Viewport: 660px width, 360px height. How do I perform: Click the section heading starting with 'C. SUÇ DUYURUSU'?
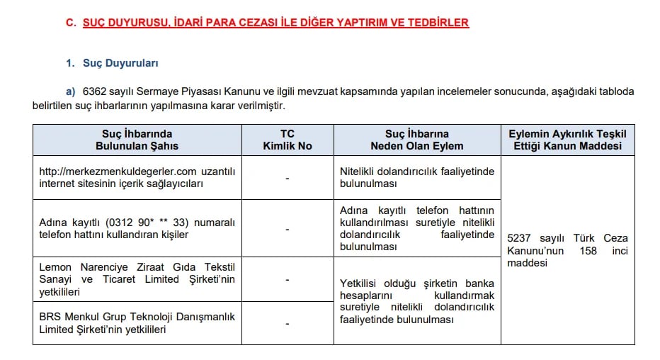pyautogui.click(x=267, y=23)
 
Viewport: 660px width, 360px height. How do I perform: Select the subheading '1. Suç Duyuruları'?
pyautogui.click(x=112, y=63)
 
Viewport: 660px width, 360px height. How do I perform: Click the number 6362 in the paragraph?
pyautogui.click(x=94, y=91)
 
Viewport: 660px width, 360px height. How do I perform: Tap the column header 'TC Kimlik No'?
pyautogui.click(x=287, y=140)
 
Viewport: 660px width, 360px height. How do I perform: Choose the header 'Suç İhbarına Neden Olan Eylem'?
pyautogui.click(x=416, y=140)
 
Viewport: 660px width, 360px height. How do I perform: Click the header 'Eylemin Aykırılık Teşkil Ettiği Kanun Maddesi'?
pyautogui.click(x=567, y=140)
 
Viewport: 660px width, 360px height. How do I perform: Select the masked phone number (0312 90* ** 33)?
pyautogui.click(x=142, y=223)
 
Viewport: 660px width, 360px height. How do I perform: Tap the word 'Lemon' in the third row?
pyautogui.click(x=55, y=266)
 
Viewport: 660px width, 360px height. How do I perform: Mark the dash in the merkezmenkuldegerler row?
pyautogui.click(x=287, y=178)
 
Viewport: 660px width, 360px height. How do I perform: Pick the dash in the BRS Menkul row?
pyautogui.click(x=287, y=323)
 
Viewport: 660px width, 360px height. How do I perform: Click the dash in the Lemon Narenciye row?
pyautogui.click(x=287, y=279)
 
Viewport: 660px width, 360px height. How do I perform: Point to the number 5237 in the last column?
pyautogui.click(x=520, y=238)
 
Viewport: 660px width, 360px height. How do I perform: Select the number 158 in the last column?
pyautogui.click(x=588, y=251)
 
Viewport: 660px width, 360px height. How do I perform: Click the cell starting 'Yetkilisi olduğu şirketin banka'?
pyautogui.click(x=416, y=300)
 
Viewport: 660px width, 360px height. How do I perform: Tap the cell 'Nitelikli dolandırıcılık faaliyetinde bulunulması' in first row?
pyautogui.click(x=416, y=178)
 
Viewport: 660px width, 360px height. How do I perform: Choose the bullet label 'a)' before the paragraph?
pyautogui.click(x=70, y=91)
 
